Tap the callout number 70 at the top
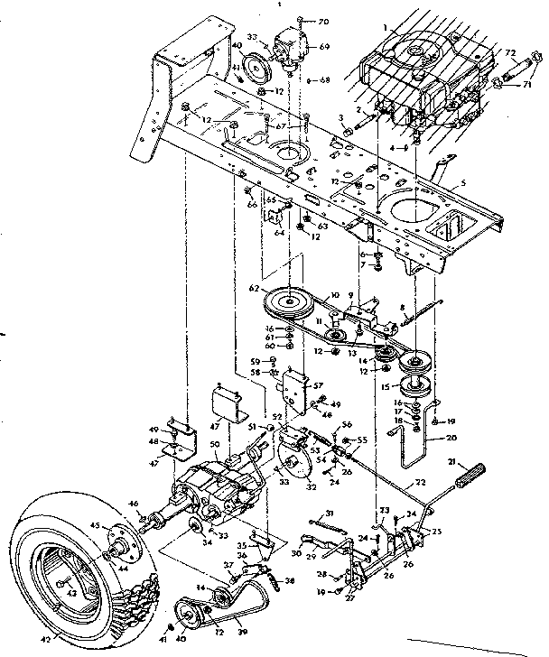(325, 19)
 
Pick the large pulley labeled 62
(292, 299)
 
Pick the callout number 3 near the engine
(341, 117)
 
